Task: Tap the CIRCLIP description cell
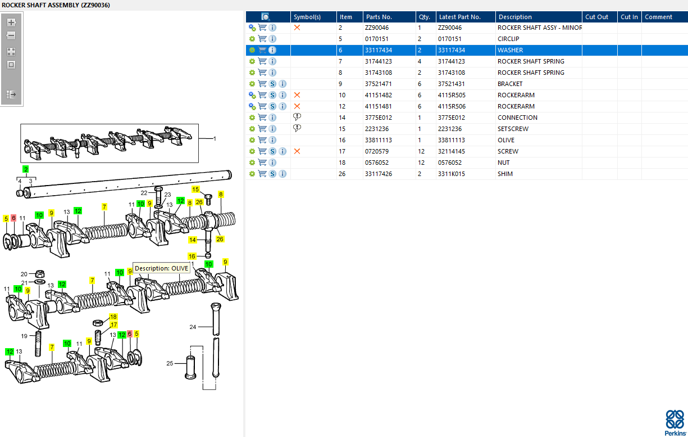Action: [x=508, y=39]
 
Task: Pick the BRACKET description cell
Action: [x=510, y=84]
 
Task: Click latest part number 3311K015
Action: [x=451, y=174]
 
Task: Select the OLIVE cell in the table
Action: [x=506, y=140]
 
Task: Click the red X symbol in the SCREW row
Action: [x=297, y=151]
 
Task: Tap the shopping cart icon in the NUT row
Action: [x=262, y=163]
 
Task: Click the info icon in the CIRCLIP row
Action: [x=272, y=39]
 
